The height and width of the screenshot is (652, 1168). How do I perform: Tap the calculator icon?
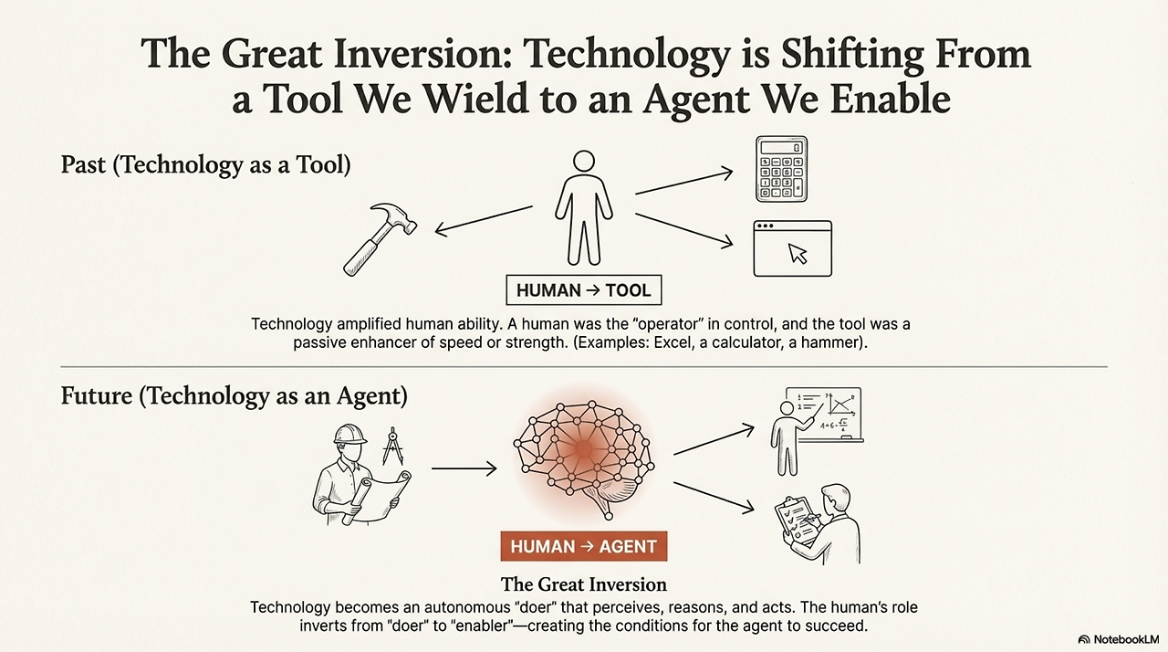click(781, 169)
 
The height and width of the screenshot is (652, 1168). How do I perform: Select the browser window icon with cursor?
click(793, 248)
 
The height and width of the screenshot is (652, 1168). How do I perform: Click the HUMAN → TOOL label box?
click(583, 290)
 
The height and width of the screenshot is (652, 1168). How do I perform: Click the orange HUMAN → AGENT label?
click(583, 546)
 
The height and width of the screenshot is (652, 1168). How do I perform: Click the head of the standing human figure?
click(583, 161)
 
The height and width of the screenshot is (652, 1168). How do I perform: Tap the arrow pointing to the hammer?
click(484, 220)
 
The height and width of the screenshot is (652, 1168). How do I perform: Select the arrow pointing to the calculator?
click(684, 181)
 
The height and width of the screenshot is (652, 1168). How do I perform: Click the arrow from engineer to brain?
click(464, 468)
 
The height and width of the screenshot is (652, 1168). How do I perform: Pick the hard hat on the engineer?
click(350, 434)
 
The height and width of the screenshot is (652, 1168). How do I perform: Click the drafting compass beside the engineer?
click(392, 446)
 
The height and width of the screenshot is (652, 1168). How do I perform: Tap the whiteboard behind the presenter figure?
click(824, 415)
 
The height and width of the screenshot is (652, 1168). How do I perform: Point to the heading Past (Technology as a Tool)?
click(206, 164)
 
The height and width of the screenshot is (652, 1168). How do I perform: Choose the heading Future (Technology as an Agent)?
click(235, 396)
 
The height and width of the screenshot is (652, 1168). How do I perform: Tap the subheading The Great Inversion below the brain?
click(583, 584)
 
